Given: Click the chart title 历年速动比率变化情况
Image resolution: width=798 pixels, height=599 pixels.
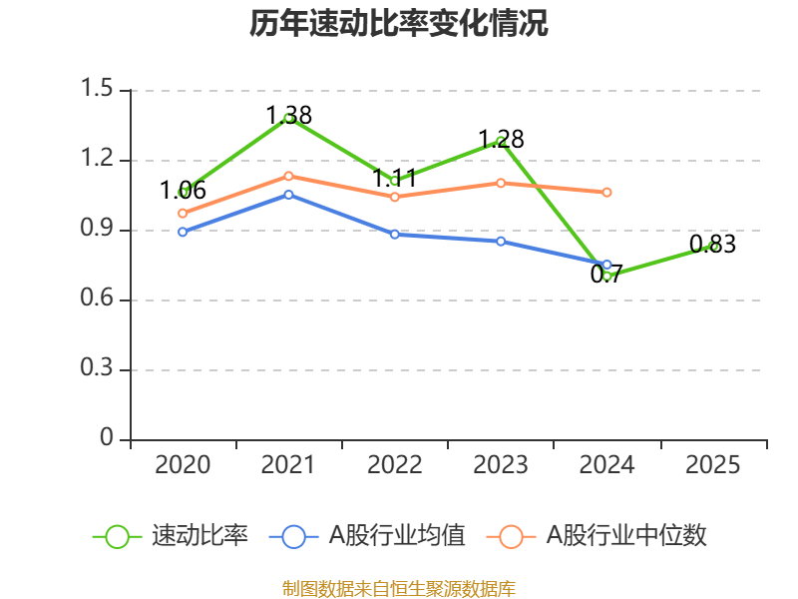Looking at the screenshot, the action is [398, 23].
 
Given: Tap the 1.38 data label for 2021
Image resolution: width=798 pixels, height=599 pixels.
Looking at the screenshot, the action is [289, 115].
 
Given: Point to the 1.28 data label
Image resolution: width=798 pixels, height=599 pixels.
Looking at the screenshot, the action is [502, 139].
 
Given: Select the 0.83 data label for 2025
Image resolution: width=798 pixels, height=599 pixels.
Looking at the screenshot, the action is [713, 244].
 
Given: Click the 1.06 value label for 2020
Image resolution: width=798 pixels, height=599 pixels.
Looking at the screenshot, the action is [183, 191].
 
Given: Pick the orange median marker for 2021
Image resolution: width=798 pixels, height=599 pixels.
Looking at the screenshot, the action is [288, 177].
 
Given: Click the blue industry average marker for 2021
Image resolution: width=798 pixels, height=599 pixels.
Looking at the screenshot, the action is [288, 195].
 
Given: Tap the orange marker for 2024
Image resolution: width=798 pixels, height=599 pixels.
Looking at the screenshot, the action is [606, 193].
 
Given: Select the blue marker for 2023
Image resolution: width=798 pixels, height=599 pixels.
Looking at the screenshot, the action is [501, 242].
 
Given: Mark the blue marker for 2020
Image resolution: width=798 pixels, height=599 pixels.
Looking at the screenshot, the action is [183, 232].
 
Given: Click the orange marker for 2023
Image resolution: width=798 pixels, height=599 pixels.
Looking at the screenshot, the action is [501, 183].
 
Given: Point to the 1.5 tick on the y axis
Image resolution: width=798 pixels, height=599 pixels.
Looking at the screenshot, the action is [97, 88].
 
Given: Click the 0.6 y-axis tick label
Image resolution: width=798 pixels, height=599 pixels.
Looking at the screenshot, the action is [97, 298].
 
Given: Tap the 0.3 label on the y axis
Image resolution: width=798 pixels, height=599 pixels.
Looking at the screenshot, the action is [97, 367].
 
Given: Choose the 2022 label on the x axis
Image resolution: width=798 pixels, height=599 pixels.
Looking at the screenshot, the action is [395, 465].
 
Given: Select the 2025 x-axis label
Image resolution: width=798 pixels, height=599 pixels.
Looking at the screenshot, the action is [713, 465].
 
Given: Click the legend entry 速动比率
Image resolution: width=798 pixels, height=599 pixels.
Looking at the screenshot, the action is [170, 536].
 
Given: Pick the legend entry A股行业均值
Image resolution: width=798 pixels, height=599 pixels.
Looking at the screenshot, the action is [367, 536].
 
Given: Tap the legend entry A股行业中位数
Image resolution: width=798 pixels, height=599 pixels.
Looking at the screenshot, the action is [597, 536].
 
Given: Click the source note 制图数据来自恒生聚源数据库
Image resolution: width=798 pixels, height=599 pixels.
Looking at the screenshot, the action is [399, 589].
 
